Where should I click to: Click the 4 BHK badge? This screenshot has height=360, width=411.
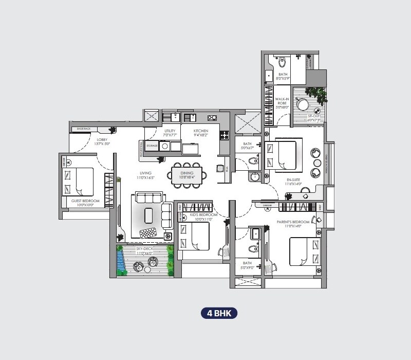[219, 313]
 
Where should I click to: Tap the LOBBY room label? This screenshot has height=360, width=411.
[101, 139]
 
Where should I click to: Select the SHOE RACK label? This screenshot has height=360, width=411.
[83, 129]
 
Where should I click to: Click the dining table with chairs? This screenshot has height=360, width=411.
[187, 174]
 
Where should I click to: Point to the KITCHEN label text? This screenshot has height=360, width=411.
[201, 131]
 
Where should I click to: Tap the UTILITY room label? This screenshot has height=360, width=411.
[170, 131]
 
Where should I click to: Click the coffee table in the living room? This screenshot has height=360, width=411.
[148, 213]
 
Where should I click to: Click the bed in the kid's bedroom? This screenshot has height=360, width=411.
[194, 237]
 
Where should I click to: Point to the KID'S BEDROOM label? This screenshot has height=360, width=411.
[204, 214]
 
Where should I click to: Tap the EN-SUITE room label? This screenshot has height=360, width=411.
[293, 179]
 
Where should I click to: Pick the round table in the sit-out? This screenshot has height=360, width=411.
[303, 104]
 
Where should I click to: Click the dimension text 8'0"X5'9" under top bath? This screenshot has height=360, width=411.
[283, 79]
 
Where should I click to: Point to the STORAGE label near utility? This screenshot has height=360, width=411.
[152, 146]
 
